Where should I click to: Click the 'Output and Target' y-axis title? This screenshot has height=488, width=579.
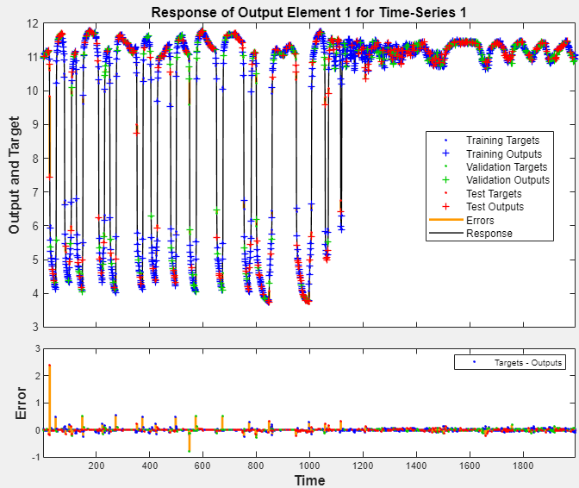pos(15,176)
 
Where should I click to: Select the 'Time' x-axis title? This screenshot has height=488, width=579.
pos(309,480)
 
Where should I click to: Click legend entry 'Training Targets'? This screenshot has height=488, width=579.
pos(502,140)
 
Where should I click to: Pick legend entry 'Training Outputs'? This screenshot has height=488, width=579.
pos(502,153)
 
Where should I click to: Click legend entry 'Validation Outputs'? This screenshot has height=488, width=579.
pos(506,180)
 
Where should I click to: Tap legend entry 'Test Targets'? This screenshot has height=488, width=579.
pos(495,194)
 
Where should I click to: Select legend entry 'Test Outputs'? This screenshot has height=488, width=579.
pos(495,207)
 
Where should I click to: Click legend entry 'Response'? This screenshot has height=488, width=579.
pos(488,233)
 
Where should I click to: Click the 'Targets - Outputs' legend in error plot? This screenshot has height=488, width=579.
pos(528,363)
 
